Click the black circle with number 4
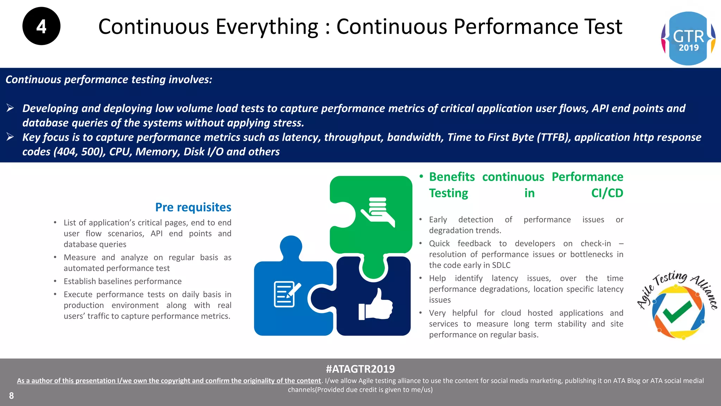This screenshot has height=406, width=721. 41,26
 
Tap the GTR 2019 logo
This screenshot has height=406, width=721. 688,38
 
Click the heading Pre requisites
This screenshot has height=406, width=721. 193,207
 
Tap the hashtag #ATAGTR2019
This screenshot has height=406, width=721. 360,369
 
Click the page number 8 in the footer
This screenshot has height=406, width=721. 11,396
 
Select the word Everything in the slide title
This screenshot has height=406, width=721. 267,27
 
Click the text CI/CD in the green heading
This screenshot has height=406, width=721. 607,193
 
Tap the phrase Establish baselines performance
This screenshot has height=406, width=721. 123,281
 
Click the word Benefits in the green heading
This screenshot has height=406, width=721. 452,177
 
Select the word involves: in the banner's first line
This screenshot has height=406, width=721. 190,80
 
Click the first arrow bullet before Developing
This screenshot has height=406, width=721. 10,108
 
